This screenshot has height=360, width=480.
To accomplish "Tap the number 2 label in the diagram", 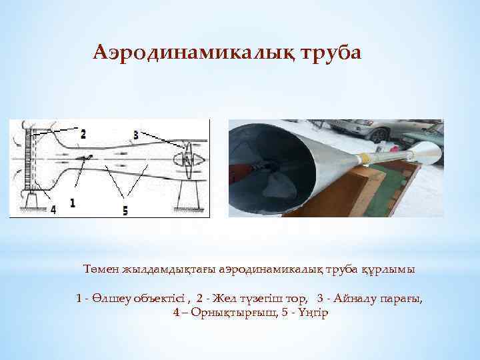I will [x=83, y=134].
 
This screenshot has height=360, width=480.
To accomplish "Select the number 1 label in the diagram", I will [x=72, y=201].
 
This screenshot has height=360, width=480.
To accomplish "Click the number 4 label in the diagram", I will [x=53, y=209].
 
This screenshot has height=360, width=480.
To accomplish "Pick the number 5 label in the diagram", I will [x=125, y=210].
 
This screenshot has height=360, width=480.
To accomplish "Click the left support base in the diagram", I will [x=29, y=200].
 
